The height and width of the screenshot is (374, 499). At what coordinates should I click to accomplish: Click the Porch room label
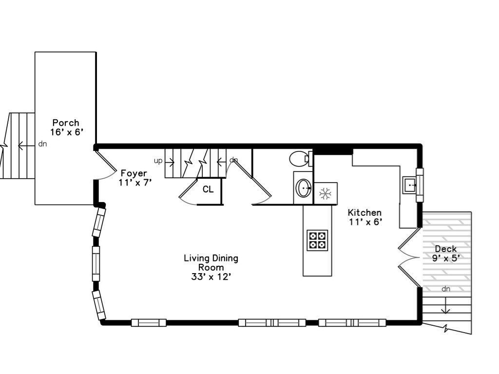(66, 123)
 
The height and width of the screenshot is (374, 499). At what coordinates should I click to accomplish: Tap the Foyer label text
(134, 173)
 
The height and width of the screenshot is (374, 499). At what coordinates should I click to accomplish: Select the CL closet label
(208, 189)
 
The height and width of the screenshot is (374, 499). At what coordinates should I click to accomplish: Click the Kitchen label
(365, 212)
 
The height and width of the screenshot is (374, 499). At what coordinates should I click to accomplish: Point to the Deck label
(445, 249)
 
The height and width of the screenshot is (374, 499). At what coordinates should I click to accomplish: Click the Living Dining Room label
(211, 262)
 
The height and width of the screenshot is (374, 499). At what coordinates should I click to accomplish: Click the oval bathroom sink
(304, 188)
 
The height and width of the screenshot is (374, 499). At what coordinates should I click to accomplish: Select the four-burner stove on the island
(317, 240)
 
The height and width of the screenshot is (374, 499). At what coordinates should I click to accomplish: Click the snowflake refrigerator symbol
(325, 194)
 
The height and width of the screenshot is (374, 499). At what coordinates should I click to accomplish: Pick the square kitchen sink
(410, 185)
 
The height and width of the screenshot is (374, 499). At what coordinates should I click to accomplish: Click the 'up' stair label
(158, 161)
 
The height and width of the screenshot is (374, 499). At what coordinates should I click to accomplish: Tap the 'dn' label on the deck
(445, 289)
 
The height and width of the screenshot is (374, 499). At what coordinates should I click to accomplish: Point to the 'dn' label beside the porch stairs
(43, 144)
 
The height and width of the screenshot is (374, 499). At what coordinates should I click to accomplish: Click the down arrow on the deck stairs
(445, 305)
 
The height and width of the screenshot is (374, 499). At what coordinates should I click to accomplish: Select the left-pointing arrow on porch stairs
(26, 146)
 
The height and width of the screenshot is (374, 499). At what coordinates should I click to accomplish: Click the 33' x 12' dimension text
(211, 277)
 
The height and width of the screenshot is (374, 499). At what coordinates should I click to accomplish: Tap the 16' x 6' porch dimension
(66, 132)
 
